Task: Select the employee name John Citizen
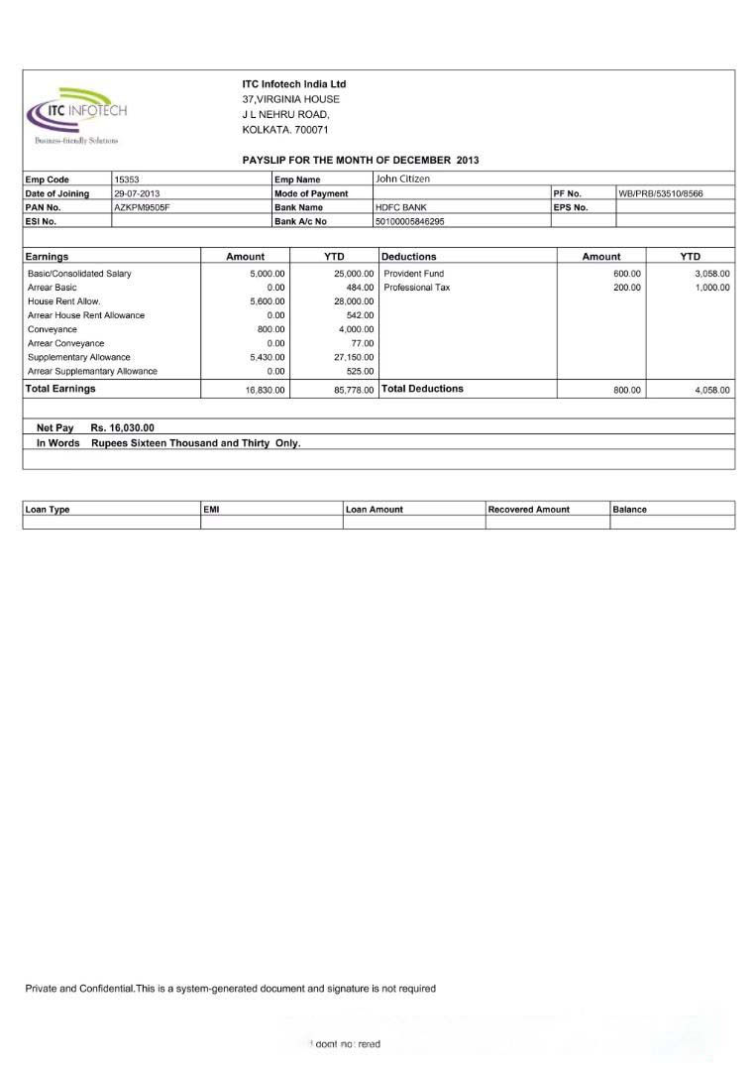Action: (402, 178)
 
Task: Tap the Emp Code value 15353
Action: (127, 179)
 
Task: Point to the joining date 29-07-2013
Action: (137, 193)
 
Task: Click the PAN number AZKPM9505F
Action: (143, 207)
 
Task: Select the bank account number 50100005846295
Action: (410, 221)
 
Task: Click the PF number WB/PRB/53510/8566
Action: (661, 193)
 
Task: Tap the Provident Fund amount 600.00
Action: (627, 273)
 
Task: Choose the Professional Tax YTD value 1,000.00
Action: (712, 287)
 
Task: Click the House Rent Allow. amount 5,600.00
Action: (268, 300)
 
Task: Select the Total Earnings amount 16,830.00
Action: (266, 390)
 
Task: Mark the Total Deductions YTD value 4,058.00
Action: (712, 390)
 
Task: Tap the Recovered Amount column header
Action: (528, 509)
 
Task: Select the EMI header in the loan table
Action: (211, 509)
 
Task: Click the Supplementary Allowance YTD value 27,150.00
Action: (354, 357)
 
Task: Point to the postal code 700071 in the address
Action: (312, 130)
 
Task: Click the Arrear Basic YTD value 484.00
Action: (360, 287)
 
